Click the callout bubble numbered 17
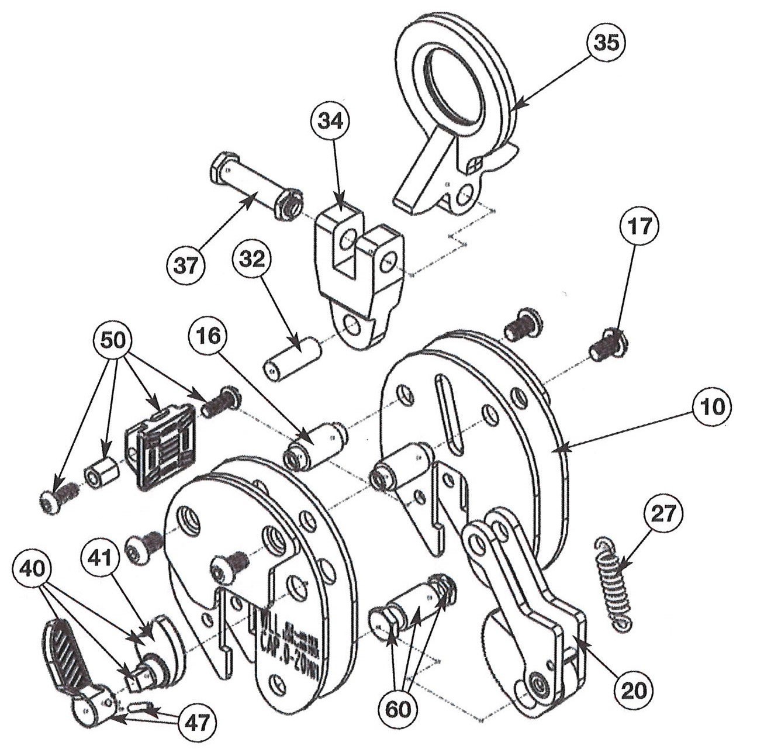[x=641, y=225]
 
